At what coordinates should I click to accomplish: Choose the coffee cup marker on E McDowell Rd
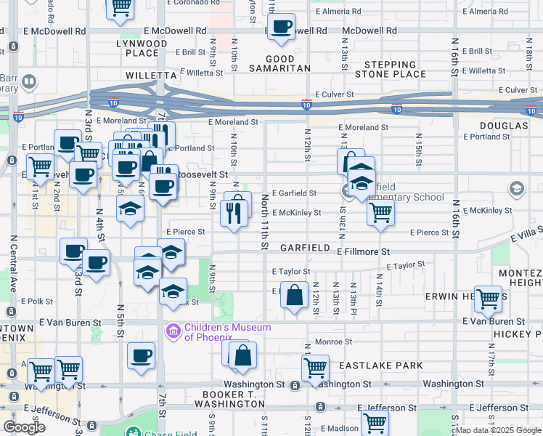[x=281, y=28]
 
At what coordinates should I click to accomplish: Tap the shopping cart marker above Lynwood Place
[x=121, y=8]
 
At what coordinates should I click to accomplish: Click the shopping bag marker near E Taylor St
[x=293, y=296]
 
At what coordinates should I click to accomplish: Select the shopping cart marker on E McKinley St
[x=380, y=214]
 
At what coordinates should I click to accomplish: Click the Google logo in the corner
[x=24, y=427]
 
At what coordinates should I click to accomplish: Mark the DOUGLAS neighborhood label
[x=504, y=126]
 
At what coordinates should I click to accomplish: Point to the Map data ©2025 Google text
[x=497, y=430]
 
